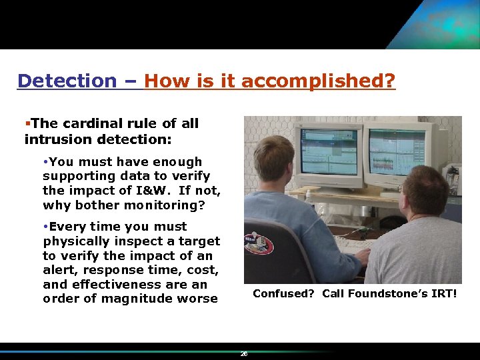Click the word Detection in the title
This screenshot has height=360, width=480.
click(x=67, y=81)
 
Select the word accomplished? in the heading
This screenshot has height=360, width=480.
click(x=318, y=81)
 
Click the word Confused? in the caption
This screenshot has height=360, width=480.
click(x=283, y=293)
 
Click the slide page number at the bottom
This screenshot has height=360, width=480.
click(x=244, y=354)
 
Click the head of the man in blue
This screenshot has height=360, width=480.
click(x=273, y=159)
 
